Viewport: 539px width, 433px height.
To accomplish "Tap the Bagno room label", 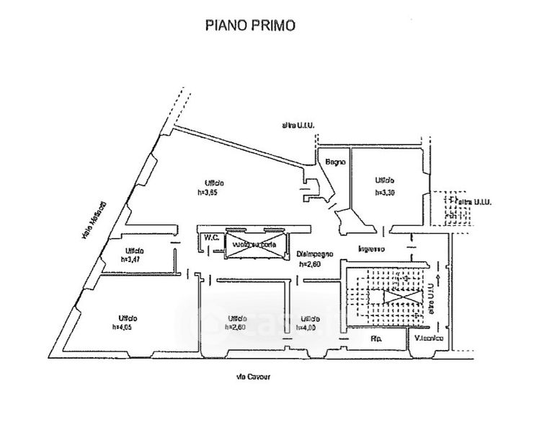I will [335, 162].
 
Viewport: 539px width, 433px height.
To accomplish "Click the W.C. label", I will [212, 237].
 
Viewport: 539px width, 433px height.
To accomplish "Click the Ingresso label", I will [372, 250].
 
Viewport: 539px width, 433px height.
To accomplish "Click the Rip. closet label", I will [376, 338].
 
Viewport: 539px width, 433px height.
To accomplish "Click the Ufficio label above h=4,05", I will [125, 318].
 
